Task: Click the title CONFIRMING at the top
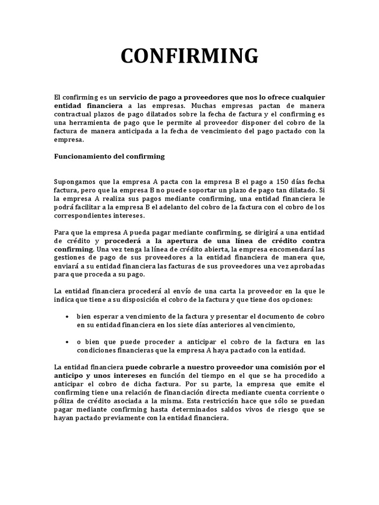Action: pyautogui.click(x=189, y=56)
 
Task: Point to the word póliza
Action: pyautogui.click(x=66, y=401)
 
